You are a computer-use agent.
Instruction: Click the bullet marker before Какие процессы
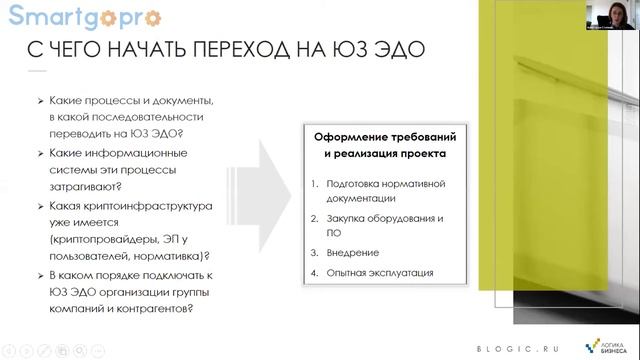click(39, 102)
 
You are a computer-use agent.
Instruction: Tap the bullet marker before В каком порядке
click(39, 275)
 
